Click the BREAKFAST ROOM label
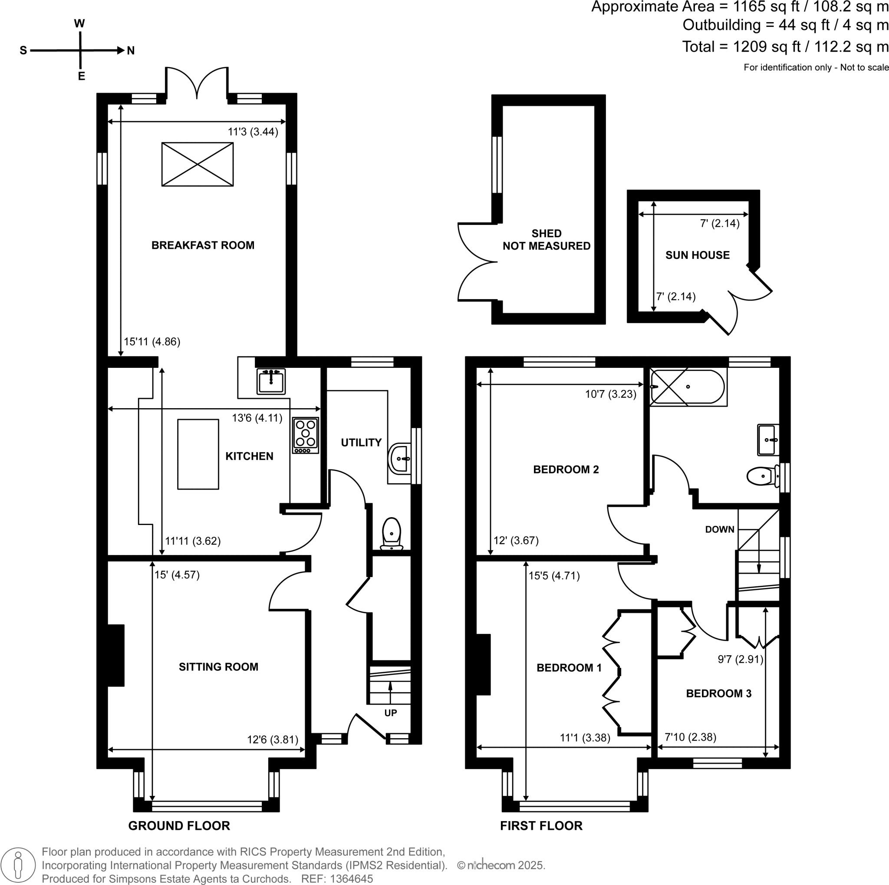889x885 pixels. point(202,245)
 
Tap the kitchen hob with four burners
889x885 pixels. point(306,435)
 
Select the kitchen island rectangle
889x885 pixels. point(198,454)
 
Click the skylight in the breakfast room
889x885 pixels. point(198,164)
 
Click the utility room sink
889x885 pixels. point(400,459)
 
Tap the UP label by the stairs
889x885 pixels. point(390,713)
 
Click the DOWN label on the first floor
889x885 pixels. point(720,529)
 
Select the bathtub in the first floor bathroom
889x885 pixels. point(688,386)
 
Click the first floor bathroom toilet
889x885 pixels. point(761,476)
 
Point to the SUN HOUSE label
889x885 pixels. point(697,255)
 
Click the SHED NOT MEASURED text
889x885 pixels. point(546,240)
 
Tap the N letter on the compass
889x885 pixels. point(131,51)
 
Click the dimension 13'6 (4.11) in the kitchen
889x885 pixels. point(257,418)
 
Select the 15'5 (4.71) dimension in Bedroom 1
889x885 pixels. point(554,576)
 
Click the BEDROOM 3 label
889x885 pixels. point(718,693)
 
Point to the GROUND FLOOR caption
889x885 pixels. point(179,826)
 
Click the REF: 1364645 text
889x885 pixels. point(337,878)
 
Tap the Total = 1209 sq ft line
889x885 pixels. point(784,46)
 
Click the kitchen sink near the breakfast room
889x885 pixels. point(271,382)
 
